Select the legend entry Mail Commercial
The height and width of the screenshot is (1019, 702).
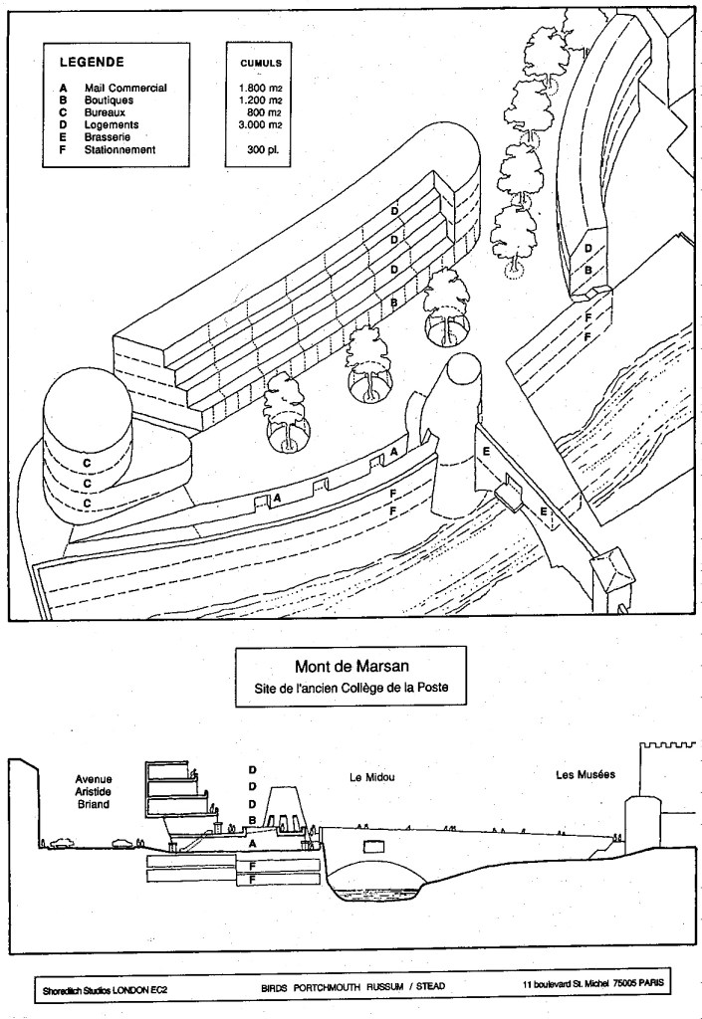[123, 88]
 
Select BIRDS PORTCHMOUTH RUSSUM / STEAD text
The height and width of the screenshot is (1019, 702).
[340, 987]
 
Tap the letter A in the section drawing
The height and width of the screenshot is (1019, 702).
[252, 842]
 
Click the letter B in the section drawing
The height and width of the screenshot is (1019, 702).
[252, 819]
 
